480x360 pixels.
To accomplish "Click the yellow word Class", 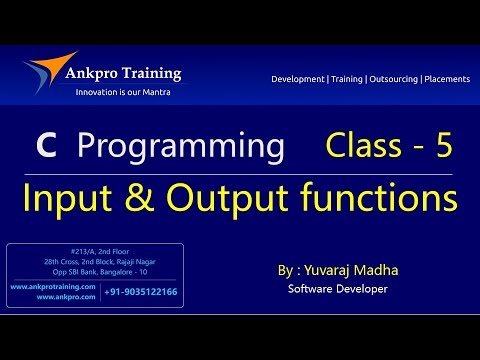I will (362, 147).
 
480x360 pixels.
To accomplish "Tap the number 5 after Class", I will (443, 147).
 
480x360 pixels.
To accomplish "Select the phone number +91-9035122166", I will (141, 292).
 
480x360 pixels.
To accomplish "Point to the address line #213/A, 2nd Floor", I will (96, 251).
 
